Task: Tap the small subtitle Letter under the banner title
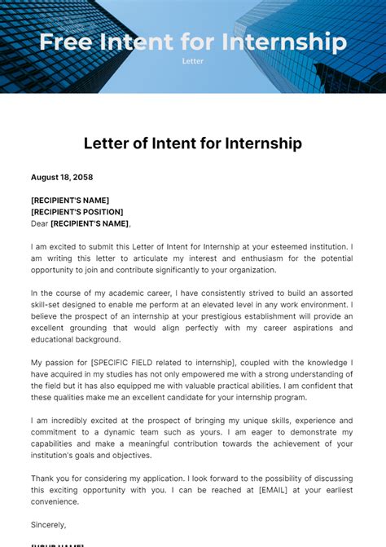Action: click(x=192, y=60)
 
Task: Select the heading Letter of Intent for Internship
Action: click(x=193, y=143)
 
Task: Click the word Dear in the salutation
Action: click(x=39, y=223)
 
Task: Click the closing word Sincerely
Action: click(x=48, y=525)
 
